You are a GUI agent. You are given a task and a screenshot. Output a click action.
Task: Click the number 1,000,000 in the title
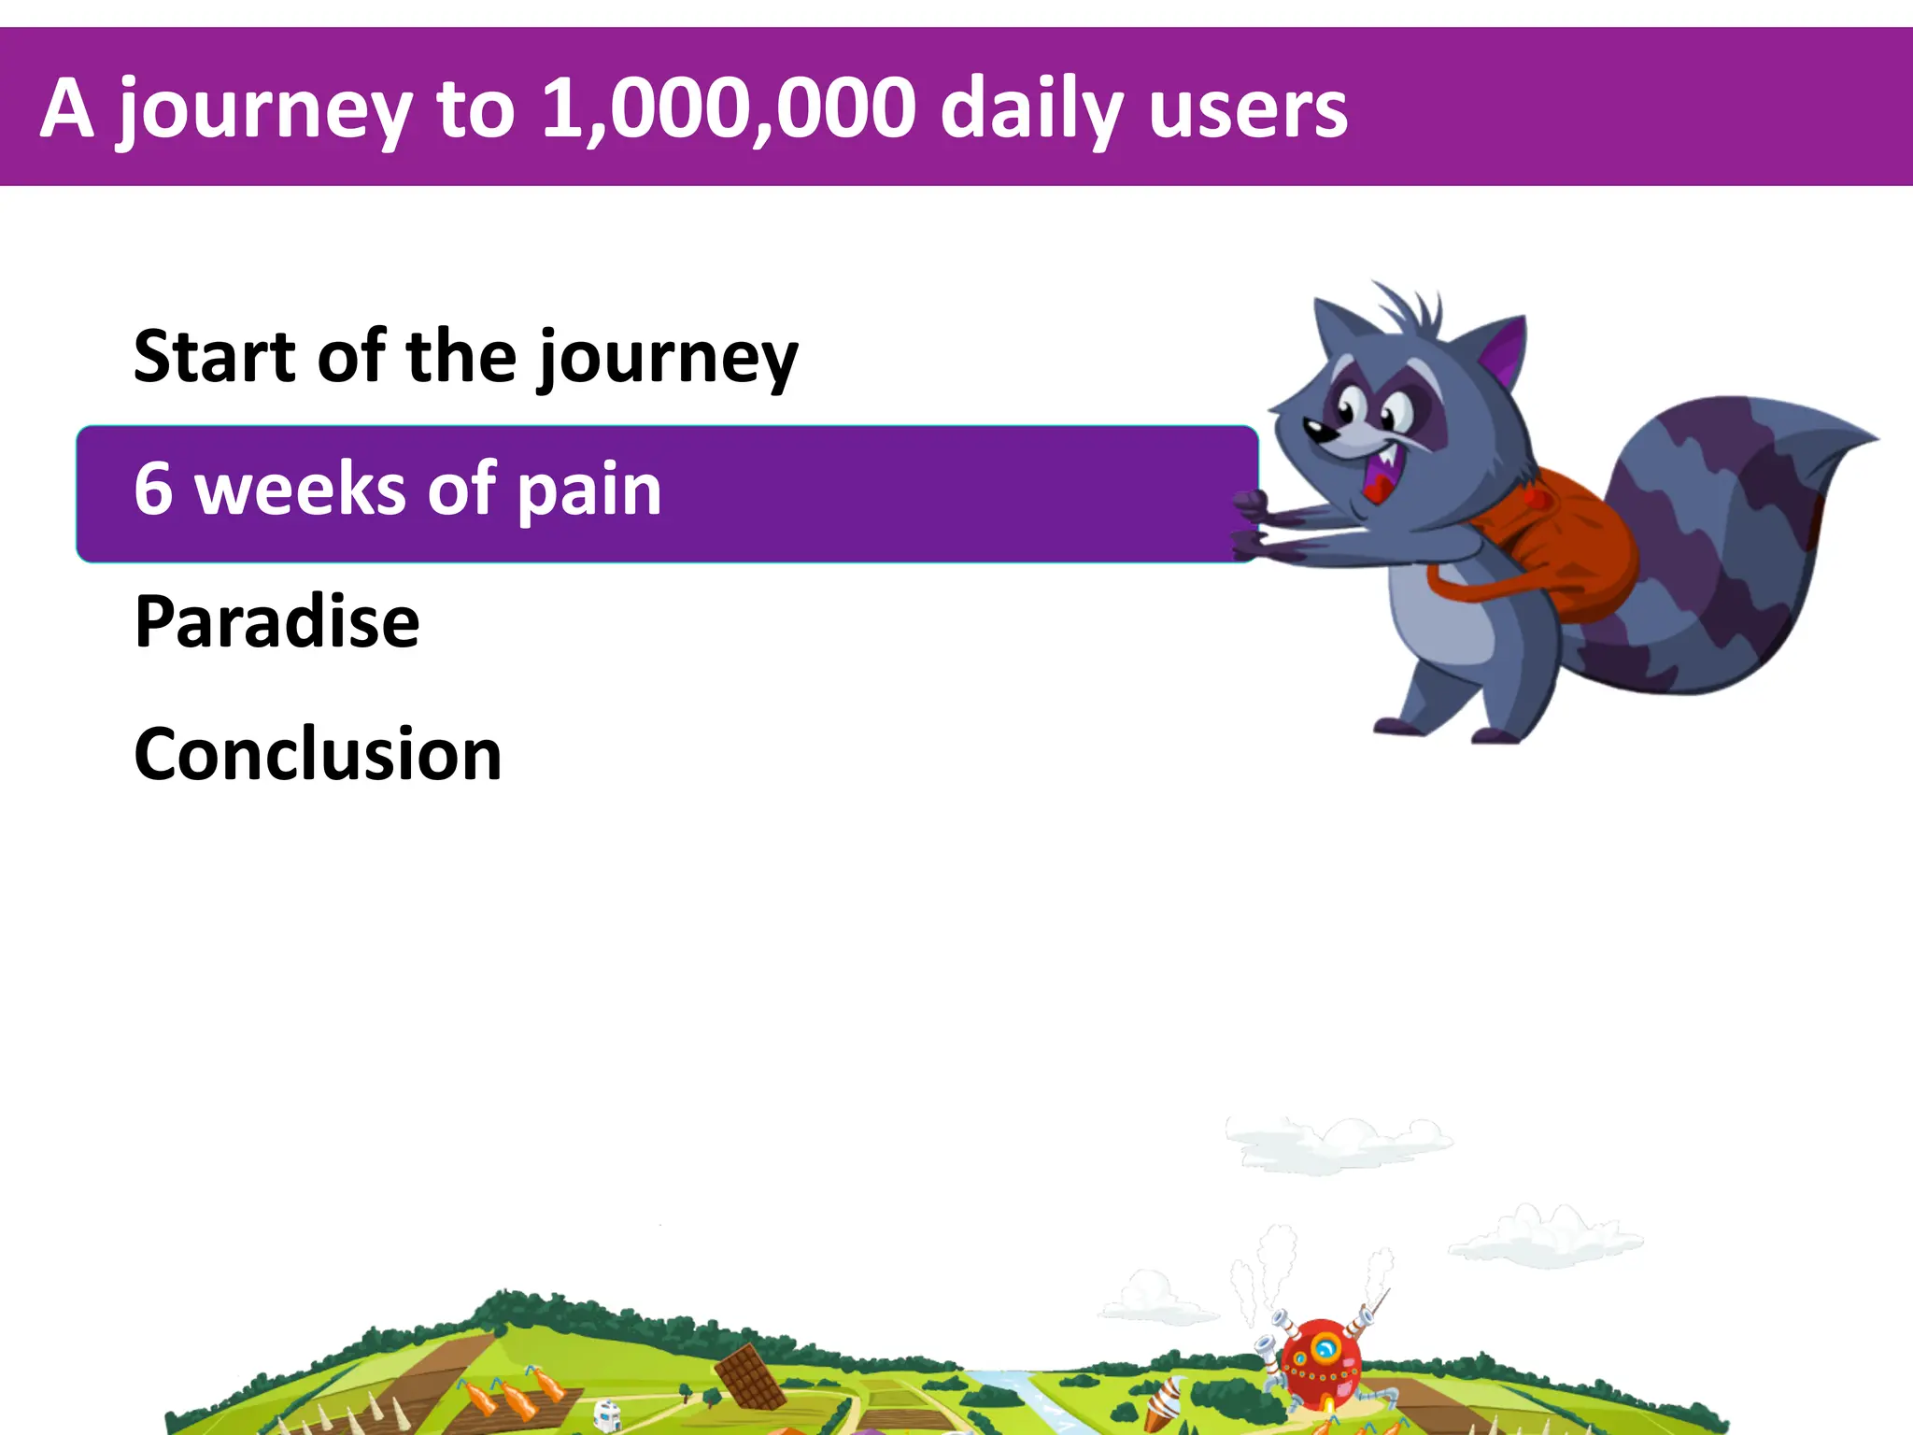click(729, 109)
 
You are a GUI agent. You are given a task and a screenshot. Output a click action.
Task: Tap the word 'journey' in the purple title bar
click(264, 112)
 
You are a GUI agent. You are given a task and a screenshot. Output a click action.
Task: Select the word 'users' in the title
click(1248, 110)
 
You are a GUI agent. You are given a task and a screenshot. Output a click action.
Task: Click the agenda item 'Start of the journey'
click(465, 357)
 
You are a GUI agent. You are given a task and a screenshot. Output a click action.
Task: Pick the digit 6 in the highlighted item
click(153, 489)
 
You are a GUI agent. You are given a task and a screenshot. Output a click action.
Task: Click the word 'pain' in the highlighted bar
click(588, 491)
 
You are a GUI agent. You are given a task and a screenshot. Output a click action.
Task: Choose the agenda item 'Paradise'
click(276, 621)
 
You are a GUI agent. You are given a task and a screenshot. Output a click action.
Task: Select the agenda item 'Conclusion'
click(318, 754)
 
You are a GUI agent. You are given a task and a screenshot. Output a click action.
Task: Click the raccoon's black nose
click(1317, 431)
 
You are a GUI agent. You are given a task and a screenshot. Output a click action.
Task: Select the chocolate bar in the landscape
click(750, 1376)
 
